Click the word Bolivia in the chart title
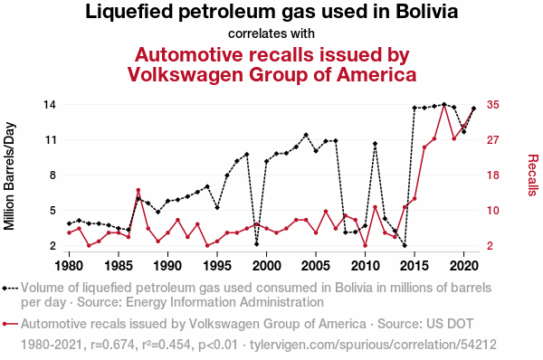point(426,12)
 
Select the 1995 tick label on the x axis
point(217,266)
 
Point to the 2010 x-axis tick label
point(365,266)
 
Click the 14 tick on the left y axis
point(50,105)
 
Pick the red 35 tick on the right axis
point(493,105)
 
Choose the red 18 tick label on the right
point(493,175)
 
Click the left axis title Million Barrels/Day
point(9,175)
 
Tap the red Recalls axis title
point(533,175)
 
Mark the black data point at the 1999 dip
point(257,244)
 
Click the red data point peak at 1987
point(138,190)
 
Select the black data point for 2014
point(405,245)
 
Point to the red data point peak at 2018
point(444,105)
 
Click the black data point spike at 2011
point(375,143)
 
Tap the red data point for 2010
point(365,245)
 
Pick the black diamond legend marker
point(5,288)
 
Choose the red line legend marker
point(10,324)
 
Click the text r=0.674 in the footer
point(112,345)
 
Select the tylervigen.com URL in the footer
point(373,345)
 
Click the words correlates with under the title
point(271,33)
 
